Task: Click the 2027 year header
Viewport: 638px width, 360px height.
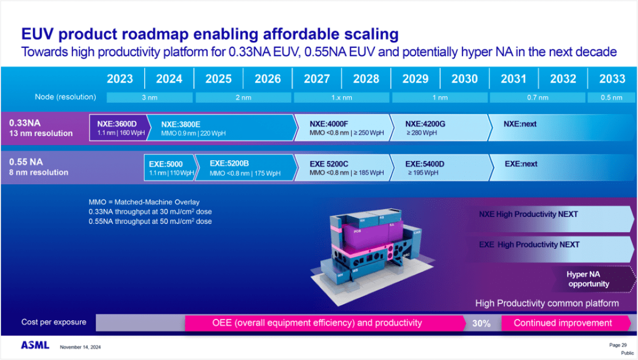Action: [317, 79]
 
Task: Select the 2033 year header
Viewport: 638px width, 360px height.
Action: [612, 79]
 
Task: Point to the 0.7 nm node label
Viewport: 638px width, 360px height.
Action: [537, 97]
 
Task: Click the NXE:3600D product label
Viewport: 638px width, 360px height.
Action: [116, 124]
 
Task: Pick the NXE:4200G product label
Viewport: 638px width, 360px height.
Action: [425, 124]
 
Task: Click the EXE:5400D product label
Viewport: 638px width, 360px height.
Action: [425, 164]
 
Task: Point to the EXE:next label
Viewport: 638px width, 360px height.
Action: [521, 164]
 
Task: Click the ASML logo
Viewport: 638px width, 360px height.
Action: [35, 346]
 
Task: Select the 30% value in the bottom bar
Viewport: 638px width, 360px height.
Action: [481, 323]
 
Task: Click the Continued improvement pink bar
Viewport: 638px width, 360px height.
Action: [563, 323]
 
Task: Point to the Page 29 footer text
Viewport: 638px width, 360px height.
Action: [618, 345]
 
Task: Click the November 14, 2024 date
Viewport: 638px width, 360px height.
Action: [80, 347]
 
